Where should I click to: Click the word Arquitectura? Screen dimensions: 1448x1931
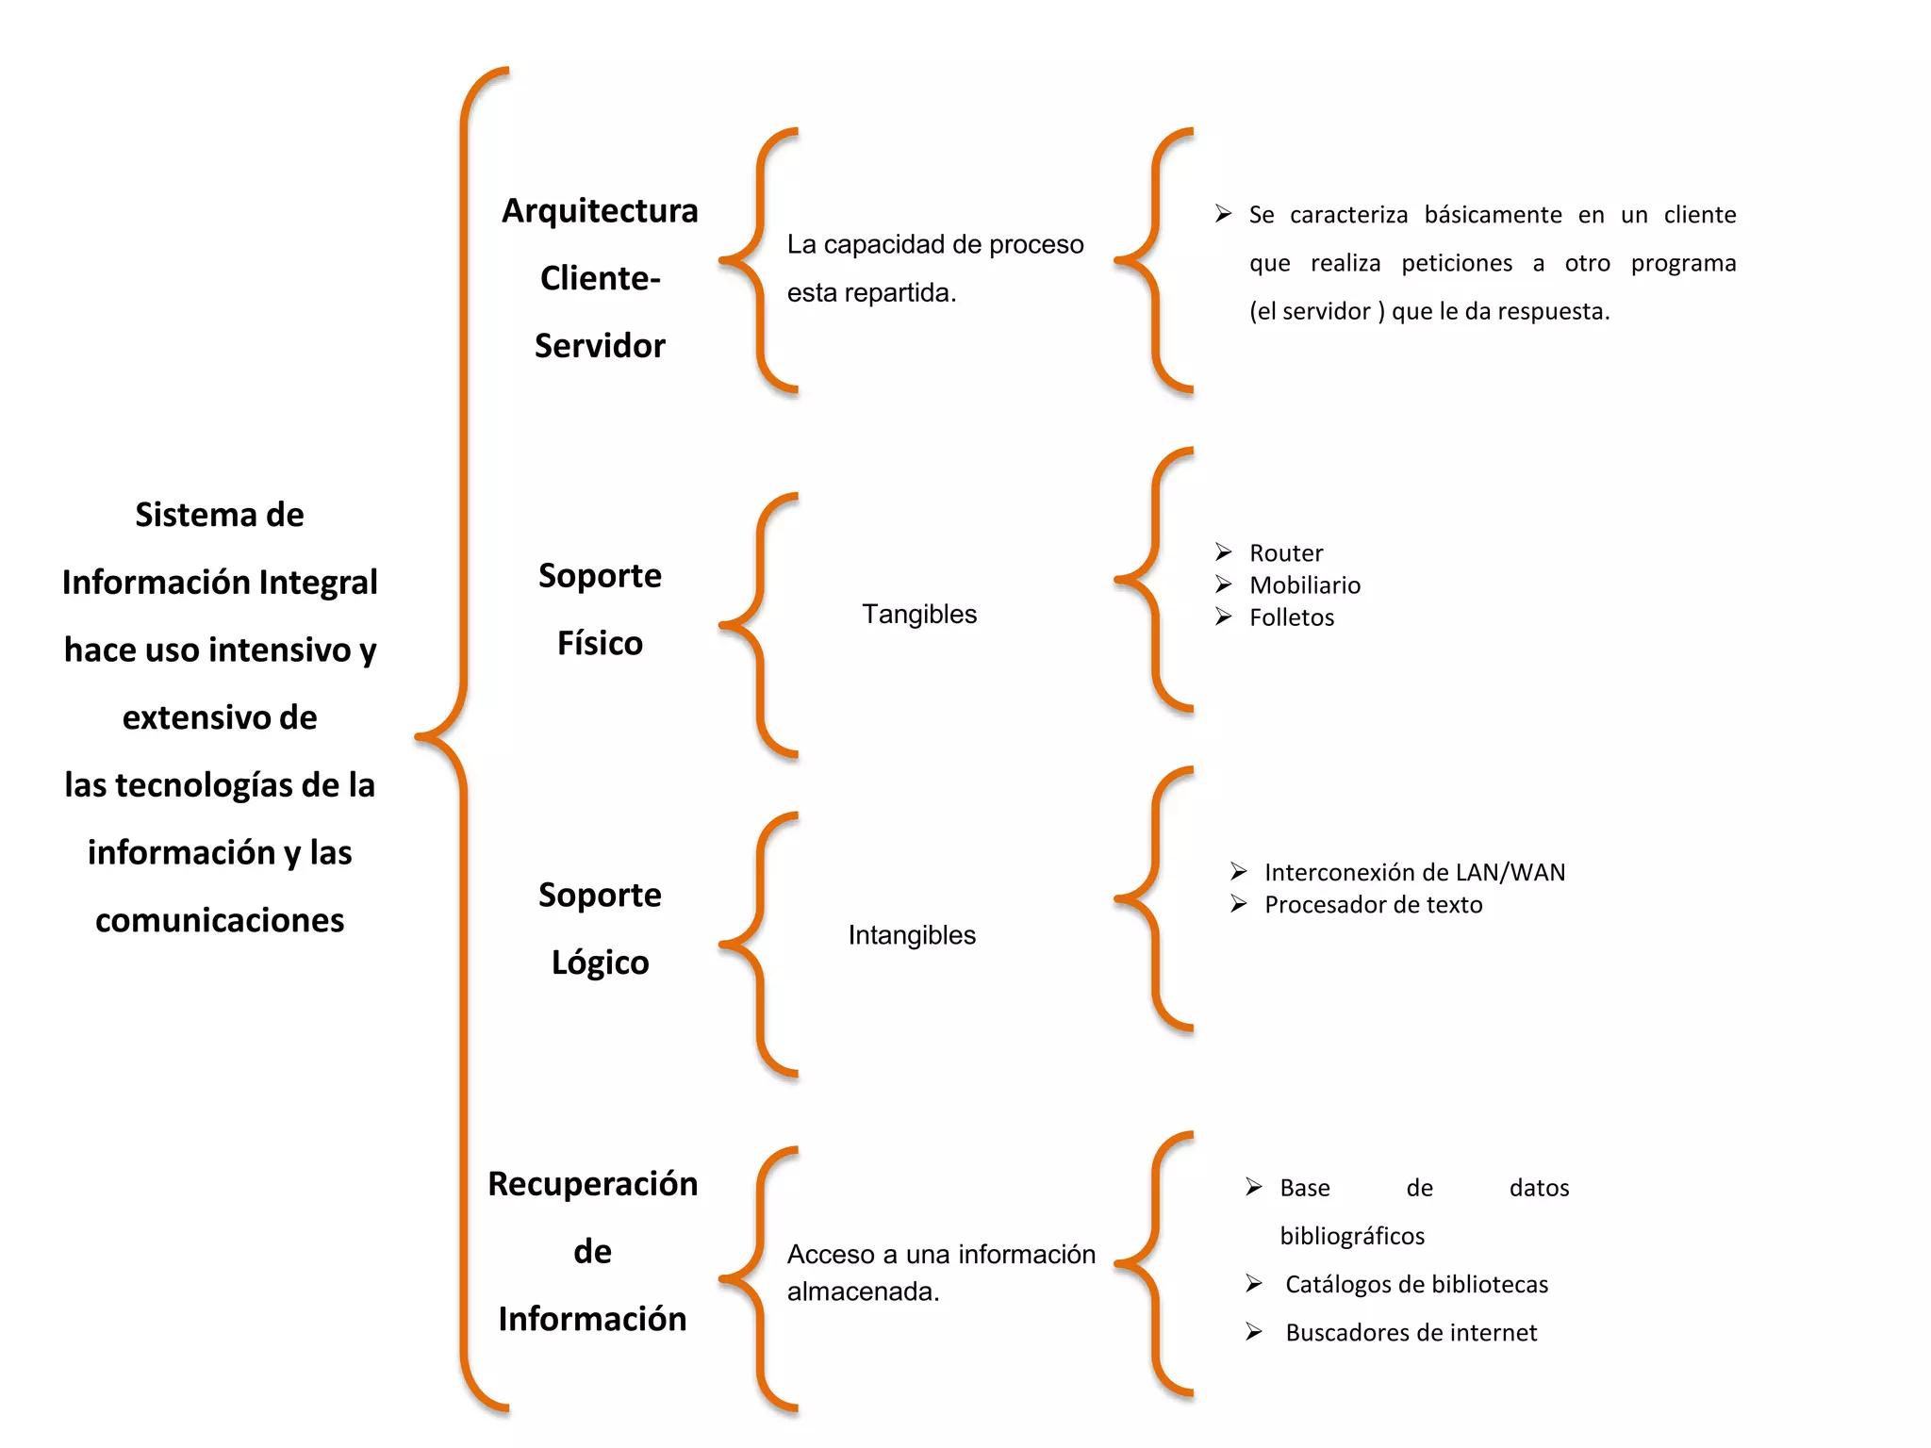click(600, 211)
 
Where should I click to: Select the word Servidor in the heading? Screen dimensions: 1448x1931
click(600, 346)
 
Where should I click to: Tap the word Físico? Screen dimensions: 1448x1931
click(600, 643)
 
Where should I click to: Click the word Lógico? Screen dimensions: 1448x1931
click(600, 963)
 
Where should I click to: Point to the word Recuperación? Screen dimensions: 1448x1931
click(592, 1184)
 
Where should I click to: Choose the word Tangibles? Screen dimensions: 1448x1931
click(919, 614)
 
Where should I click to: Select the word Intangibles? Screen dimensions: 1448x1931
click(912, 935)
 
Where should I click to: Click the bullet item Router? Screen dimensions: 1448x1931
click(1286, 552)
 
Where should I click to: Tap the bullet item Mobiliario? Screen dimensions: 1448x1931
click(1305, 585)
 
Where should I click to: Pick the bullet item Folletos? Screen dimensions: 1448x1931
click(1292, 617)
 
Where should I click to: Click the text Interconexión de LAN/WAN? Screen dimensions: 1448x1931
click(1414, 872)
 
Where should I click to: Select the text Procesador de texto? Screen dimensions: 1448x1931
click(1373, 905)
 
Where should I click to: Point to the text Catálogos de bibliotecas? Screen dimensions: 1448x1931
click(1416, 1284)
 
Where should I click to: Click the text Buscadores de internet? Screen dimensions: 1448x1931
click(1411, 1332)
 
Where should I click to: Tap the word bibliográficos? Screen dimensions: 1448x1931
click(1352, 1236)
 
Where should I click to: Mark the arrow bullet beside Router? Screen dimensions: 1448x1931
click(1224, 551)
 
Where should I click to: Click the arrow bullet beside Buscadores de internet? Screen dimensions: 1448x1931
click(1254, 1331)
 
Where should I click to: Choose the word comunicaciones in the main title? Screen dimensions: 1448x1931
click(220, 920)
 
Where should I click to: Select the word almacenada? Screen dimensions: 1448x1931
click(863, 1292)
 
